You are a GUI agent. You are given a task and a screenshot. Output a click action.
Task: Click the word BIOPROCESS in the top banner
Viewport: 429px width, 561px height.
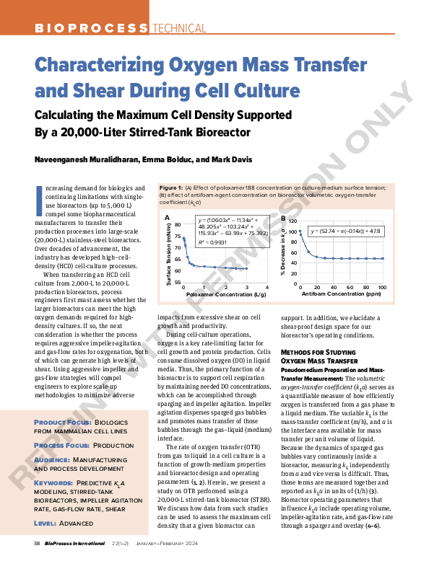click(91, 28)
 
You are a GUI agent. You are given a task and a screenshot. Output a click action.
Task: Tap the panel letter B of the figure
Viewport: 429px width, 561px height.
click(283, 217)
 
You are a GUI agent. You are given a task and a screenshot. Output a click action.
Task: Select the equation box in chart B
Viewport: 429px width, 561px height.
click(344, 231)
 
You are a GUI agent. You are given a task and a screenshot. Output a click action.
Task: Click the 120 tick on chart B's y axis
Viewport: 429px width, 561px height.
click(293, 221)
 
